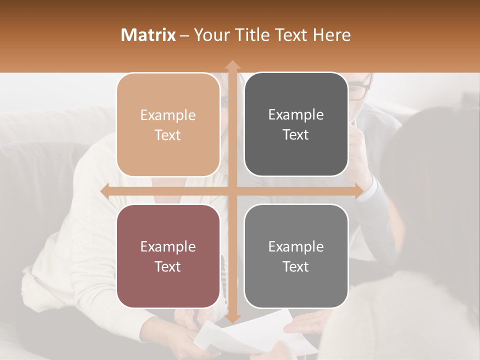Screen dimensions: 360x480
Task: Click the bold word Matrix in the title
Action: (148, 35)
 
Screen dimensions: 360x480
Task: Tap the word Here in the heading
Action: (332, 35)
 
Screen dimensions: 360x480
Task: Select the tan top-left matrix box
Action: (168, 125)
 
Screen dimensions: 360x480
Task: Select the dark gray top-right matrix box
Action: (296, 124)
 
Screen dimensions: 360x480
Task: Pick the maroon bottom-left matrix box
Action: (168, 256)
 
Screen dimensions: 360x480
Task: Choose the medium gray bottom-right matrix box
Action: (296, 256)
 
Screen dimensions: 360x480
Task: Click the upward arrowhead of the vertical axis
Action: (232, 65)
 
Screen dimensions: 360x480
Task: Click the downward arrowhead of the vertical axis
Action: (232, 318)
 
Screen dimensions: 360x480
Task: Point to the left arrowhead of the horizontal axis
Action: (105, 191)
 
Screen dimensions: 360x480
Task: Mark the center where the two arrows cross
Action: (232, 191)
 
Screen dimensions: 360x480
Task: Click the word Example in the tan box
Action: (168, 115)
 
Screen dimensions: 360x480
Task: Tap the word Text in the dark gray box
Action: (296, 135)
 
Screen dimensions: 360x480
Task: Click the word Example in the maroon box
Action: (168, 246)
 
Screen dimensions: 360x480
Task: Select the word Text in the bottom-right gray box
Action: (296, 266)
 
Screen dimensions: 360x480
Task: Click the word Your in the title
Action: (209, 35)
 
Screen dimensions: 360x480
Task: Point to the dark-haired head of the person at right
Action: (430, 150)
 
